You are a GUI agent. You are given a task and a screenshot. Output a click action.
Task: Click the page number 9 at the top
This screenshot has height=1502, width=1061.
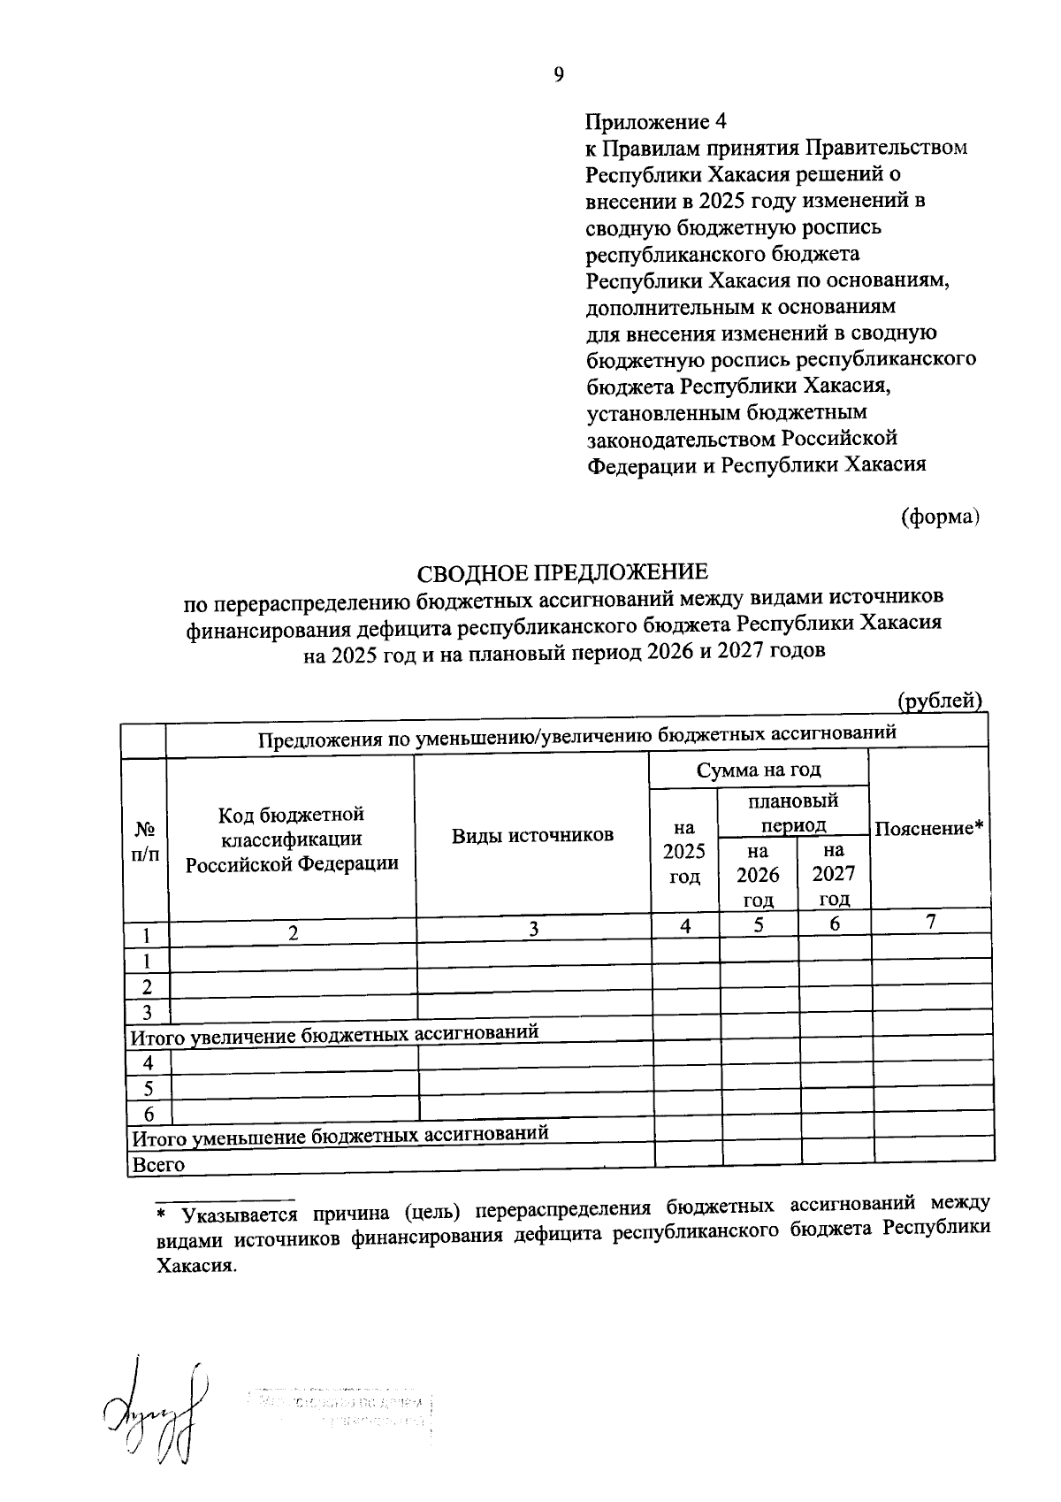[x=559, y=75]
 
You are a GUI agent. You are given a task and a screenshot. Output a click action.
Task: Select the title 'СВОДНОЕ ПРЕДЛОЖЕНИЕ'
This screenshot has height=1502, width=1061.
[x=563, y=573]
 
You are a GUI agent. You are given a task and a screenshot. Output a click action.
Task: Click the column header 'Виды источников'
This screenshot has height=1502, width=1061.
[x=532, y=835]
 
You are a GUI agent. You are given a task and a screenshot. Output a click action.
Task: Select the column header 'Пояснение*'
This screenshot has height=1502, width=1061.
[x=929, y=829]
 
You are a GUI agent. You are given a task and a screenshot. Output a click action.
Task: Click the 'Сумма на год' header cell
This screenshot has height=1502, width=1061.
[x=759, y=770]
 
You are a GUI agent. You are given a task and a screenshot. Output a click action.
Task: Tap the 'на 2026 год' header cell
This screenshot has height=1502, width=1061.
[x=759, y=875]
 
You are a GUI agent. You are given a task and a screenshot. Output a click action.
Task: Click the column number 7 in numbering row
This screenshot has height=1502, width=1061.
[x=930, y=921]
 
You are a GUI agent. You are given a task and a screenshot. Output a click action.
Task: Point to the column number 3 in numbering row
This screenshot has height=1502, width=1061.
[x=533, y=929]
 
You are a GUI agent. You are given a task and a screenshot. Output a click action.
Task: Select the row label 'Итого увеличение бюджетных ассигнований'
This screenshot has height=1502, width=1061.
[x=334, y=1034]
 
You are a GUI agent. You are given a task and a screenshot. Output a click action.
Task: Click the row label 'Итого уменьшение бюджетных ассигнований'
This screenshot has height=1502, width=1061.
[x=340, y=1135]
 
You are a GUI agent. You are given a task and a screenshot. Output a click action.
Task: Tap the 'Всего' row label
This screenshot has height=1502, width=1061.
[x=157, y=1165]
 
